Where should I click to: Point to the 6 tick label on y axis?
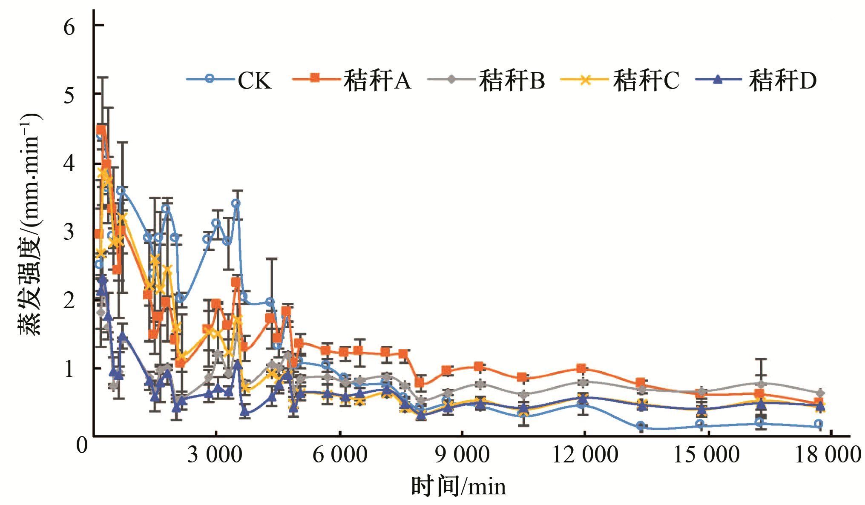(x=69, y=27)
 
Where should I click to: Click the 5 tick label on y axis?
(x=69, y=95)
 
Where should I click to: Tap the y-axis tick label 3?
(x=69, y=232)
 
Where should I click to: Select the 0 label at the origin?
(x=82, y=445)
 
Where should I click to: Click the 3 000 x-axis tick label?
(x=215, y=455)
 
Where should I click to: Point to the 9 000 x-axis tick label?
(x=462, y=455)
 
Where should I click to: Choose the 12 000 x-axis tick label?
(x=585, y=455)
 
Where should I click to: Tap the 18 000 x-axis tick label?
(x=828, y=455)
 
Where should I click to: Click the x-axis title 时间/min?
(x=458, y=487)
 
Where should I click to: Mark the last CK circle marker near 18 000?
(x=818, y=424)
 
